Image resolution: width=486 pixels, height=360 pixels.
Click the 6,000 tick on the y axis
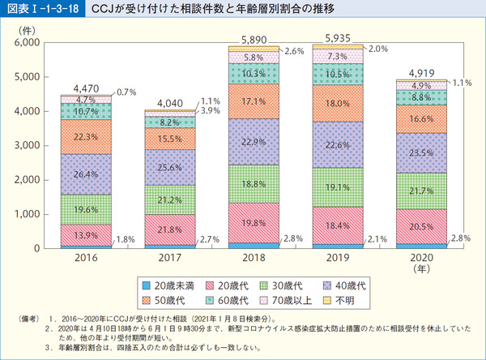(28, 42)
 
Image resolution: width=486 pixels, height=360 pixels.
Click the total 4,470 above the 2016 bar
(87, 88)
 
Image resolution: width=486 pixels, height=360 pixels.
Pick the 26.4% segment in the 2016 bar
(87, 174)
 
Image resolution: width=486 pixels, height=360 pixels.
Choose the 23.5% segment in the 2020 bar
(420, 152)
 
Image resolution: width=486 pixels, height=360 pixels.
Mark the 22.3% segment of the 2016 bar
(87, 137)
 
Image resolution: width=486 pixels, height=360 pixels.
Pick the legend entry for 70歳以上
(288, 299)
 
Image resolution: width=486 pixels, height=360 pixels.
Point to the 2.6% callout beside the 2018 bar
(294, 51)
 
